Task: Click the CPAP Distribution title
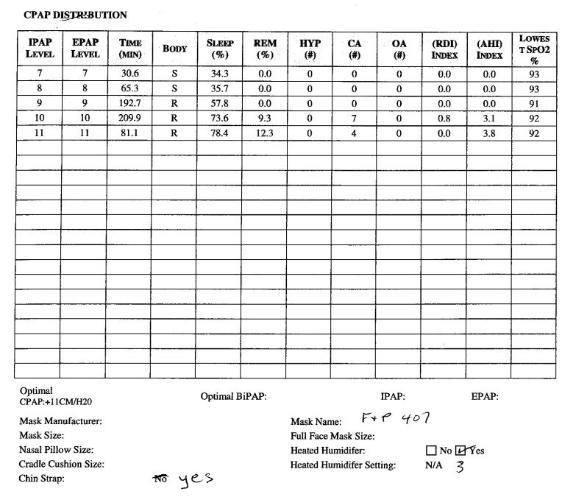click(75, 15)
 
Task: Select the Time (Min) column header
click(129, 49)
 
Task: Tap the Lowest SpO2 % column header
click(534, 49)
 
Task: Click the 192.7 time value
click(129, 104)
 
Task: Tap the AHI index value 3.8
click(489, 133)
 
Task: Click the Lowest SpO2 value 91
click(534, 104)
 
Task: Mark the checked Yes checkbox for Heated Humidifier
click(461, 450)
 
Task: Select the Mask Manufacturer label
click(60, 422)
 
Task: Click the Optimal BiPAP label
click(233, 396)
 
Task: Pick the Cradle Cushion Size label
click(61, 465)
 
